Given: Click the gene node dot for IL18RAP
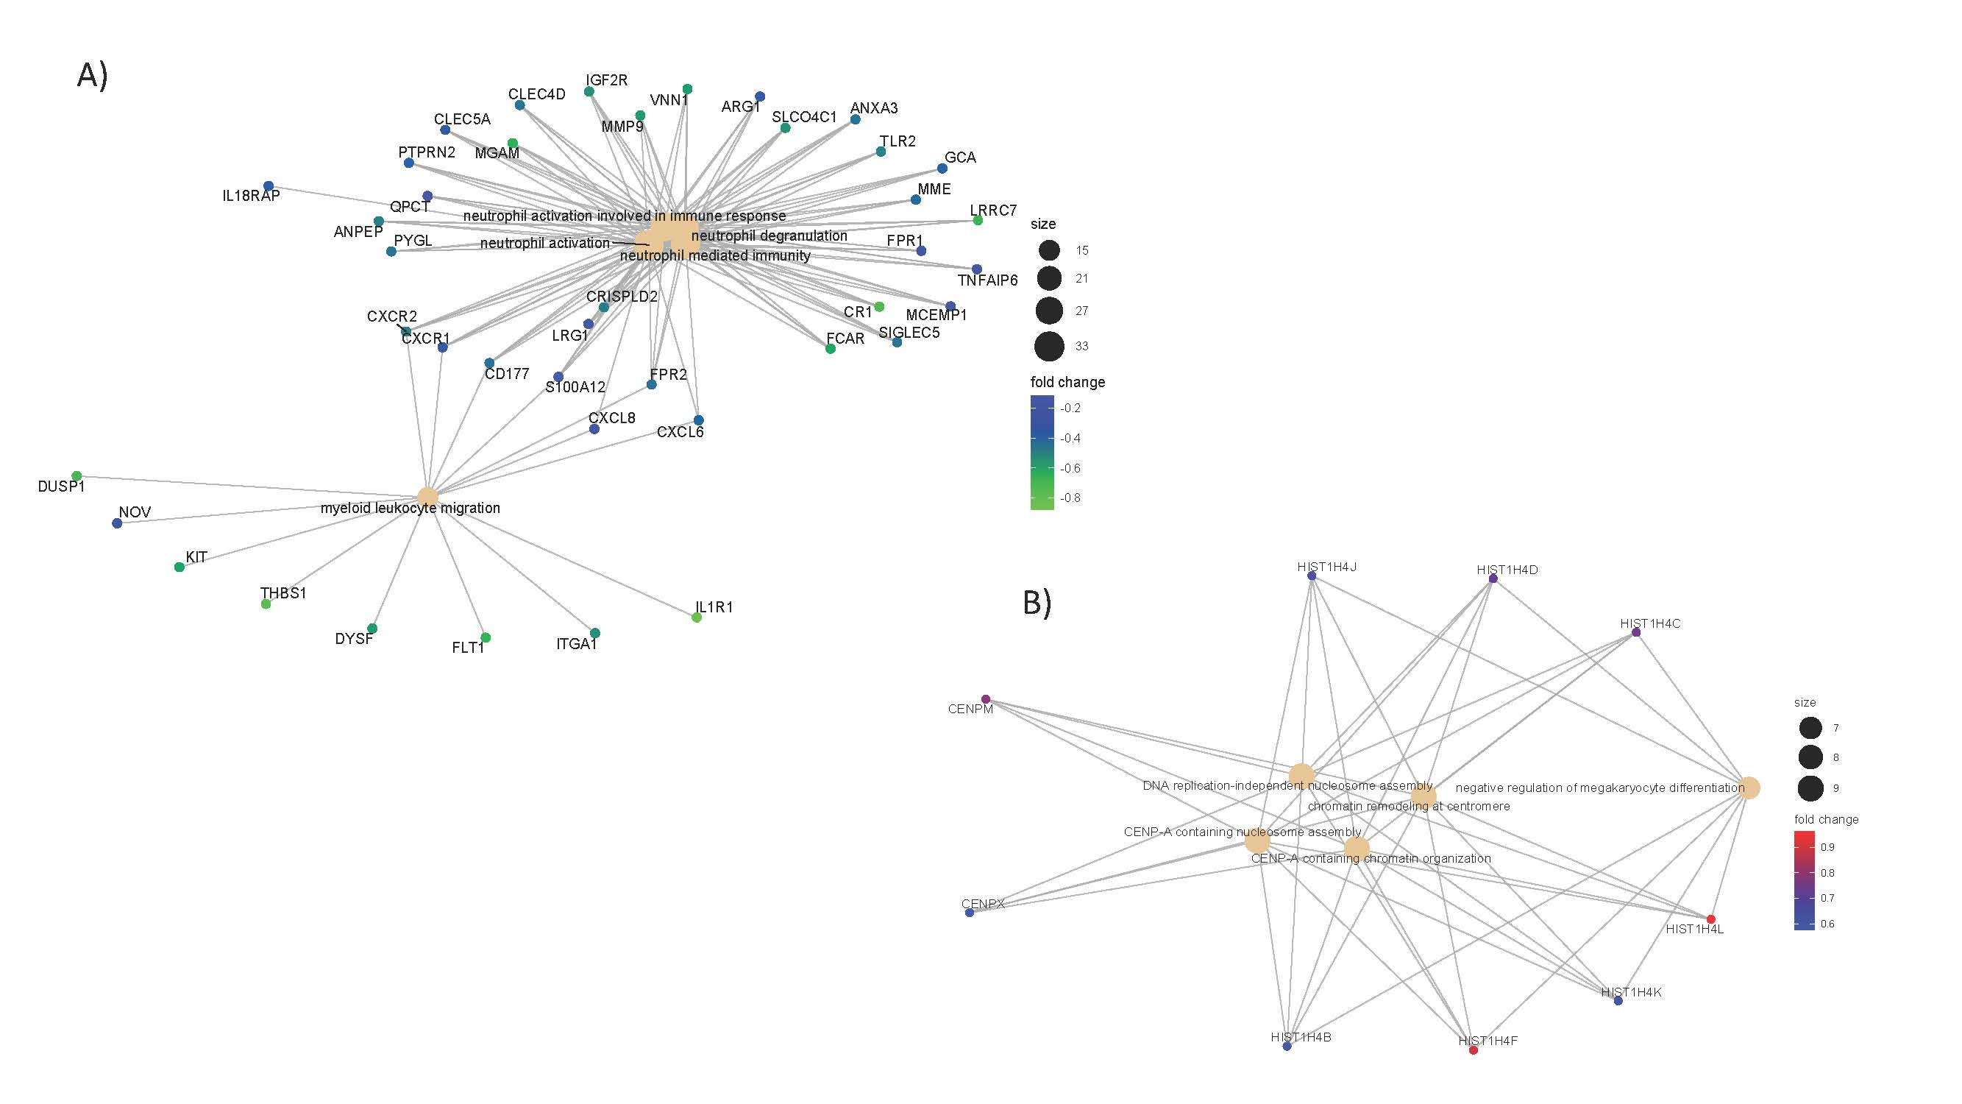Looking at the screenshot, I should point(268,186).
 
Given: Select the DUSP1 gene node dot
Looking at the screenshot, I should point(77,476).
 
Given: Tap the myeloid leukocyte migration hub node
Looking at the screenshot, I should point(427,497).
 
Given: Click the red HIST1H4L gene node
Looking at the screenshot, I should point(1710,919).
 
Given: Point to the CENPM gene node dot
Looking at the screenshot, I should point(986,698).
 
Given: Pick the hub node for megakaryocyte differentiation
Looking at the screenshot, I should point(1749,788).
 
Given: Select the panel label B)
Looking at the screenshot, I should point(1037,603).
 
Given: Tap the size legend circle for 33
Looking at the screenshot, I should point(1049,346).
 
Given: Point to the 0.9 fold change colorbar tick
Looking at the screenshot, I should point(1827,847).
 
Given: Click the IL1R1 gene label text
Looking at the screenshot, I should point(714,607).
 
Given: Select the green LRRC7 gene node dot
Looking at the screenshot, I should point(978,220).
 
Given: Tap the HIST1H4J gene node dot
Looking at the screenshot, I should point(1312,576).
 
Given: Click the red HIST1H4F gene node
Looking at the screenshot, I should point(1473,1050).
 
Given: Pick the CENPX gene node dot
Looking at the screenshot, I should point(970,912).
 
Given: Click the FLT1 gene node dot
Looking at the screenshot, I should point(486,637).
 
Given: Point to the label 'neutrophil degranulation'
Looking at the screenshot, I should point(769,236).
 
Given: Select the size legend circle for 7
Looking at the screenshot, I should point(1810,728).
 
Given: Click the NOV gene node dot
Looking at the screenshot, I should point(116,523).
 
